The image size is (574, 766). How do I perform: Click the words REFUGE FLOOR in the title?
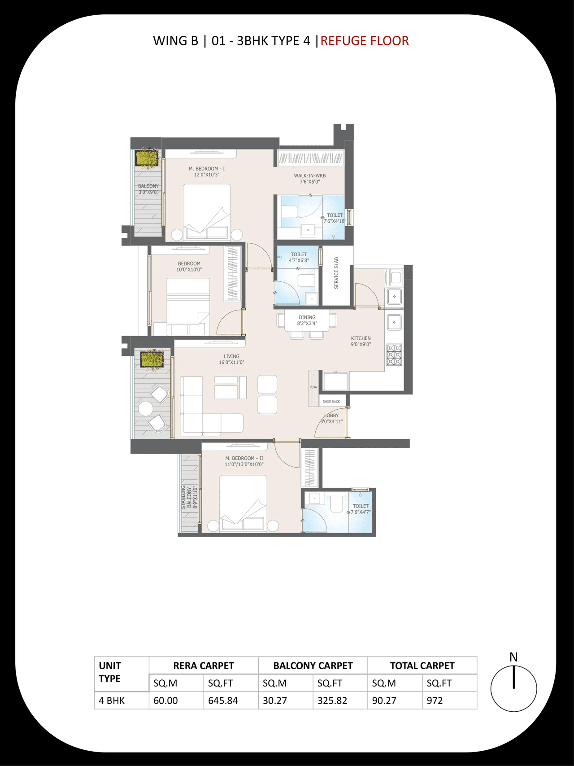click(364, 41)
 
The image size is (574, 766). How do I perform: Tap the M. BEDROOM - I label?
click(207, 169)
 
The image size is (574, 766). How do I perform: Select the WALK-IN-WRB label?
click(309, 176)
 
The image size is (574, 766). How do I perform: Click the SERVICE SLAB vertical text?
click(336, 273)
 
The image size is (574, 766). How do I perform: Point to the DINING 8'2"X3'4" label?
click(307, 320)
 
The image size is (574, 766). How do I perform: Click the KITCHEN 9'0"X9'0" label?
click(361, 341)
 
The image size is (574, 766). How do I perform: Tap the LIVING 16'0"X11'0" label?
click(231, 359)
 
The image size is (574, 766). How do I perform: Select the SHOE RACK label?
click(331, 402)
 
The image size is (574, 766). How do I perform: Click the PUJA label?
click(313, 387)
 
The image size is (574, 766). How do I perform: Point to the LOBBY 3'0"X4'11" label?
click(331, 418)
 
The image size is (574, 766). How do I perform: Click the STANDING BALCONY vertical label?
click(189, 497)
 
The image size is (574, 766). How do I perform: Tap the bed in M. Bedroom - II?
click(243, 503)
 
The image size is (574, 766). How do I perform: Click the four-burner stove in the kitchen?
click(394, 355)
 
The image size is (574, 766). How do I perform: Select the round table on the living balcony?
click(145, 408)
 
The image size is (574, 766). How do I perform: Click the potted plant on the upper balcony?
click(147, 158)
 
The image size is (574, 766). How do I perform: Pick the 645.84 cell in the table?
click(223, 700)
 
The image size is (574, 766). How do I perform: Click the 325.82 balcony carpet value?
click(332, 700)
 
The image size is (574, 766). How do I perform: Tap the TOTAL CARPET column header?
click(422, 665)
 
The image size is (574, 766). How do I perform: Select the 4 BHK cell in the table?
click(112, 700)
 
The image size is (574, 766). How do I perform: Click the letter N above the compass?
click(513, 657)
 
